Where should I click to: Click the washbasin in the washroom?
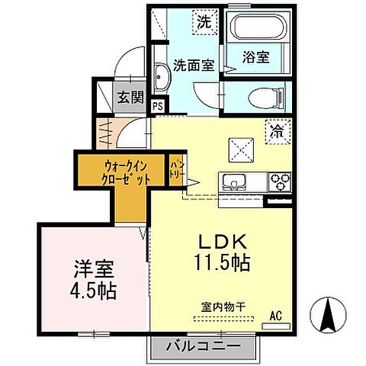[162, 77]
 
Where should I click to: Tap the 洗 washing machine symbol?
[204, 21]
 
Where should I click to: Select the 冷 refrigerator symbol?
[278, 131]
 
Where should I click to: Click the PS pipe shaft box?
[158, 107]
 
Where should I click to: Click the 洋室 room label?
[95, 269]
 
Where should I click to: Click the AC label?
[275, 314]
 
